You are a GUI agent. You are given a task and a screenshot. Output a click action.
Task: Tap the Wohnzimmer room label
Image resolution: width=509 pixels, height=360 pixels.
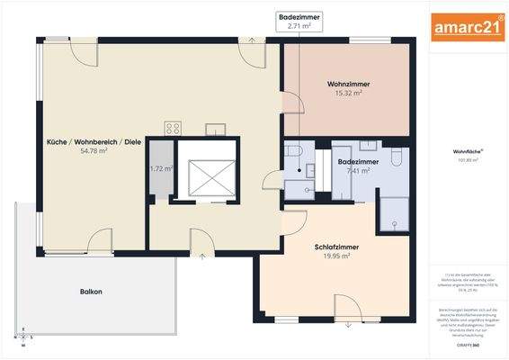coord(348,84)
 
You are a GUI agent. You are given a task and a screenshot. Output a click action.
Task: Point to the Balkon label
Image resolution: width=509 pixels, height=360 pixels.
coord(90,292)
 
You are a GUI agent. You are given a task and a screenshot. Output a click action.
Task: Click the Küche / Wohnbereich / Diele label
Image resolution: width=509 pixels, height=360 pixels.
coord(94,142)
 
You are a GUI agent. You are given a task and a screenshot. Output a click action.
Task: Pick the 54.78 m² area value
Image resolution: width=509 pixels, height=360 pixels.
coord(94,151)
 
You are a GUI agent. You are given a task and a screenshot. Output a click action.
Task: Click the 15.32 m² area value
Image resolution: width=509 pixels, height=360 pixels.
coord(348,93)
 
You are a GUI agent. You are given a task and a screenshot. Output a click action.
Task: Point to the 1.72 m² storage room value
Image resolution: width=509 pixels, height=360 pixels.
coord(161,168)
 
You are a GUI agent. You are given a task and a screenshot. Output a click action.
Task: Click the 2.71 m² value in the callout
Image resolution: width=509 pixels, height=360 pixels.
coord(299,26)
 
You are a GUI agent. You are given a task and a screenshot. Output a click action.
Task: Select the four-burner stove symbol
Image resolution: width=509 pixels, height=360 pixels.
coord(173,128)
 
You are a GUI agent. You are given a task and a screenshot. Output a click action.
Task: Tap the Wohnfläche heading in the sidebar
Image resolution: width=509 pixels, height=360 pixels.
coord(468,152)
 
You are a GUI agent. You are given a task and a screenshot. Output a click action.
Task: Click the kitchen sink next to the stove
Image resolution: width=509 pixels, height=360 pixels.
coord(215,129)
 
